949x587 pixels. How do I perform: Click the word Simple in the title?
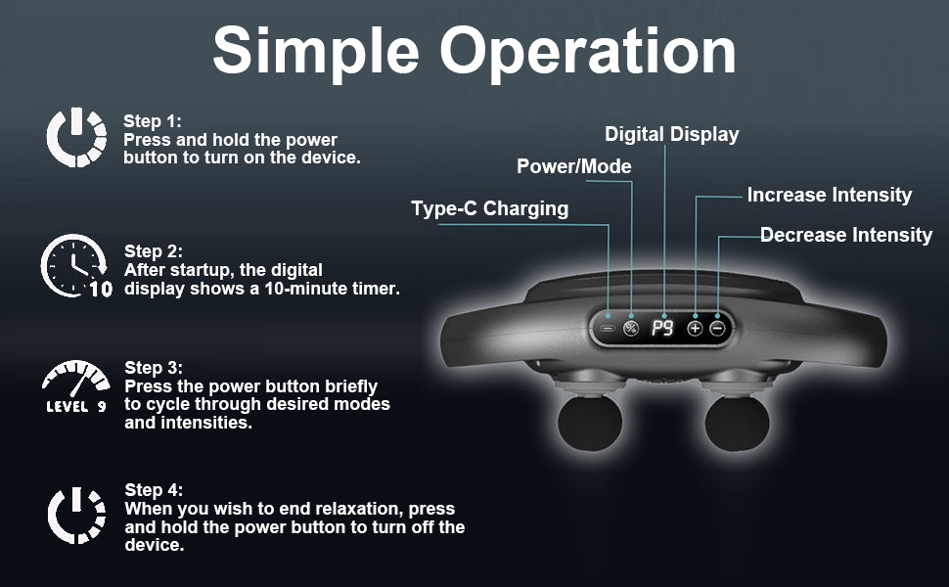pos(315,52)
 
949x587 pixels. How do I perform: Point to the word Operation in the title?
pos(588,52)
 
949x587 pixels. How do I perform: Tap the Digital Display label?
pos(672,134)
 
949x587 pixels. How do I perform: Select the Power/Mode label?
pos(573,166)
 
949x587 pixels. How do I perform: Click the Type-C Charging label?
pos(489,208)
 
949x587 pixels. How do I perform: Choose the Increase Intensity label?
pos(830,195)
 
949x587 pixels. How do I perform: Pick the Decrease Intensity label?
pos(846,235)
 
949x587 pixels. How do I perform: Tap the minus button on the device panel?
pos(718,329)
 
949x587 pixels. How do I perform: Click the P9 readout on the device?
pos(662,328)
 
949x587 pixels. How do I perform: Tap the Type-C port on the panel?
pos(608,329)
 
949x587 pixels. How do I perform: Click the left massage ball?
pos(590,423)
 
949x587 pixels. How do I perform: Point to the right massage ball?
pos(737,423)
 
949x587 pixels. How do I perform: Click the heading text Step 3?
pos(154,368)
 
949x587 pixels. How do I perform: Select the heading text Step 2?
pos(154,251)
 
